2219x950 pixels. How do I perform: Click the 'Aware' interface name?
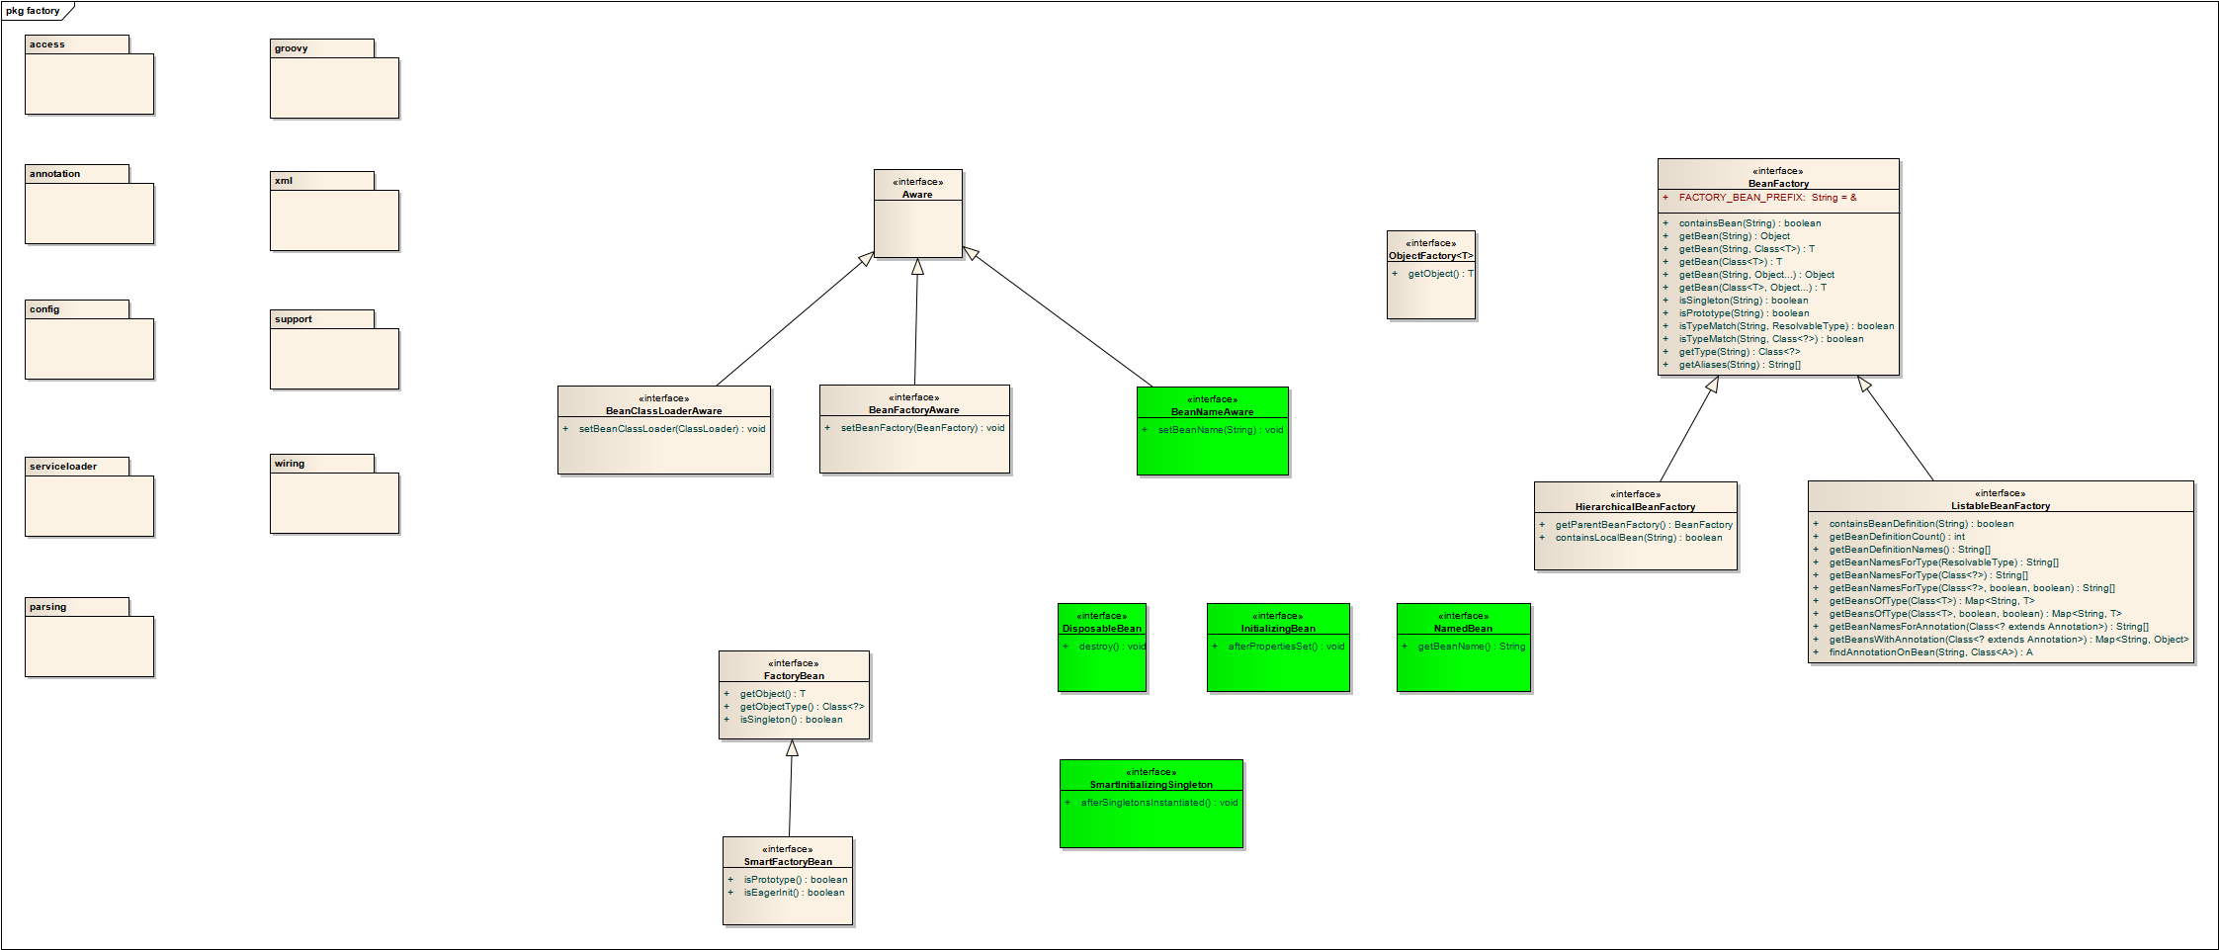pyautogui.click(x=917, y=195)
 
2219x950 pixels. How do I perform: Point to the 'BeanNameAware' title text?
pyautogui.click(x=1212, y=412)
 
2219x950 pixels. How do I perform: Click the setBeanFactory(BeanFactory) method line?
pyautogui.click(x=921, y=428)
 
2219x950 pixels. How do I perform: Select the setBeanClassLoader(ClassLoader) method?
pyautogui.click(x=671, y=429)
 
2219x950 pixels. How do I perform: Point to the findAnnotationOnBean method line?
pyautogui.click(x=1929, y=652)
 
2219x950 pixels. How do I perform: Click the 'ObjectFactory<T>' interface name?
pyautogui.click(x=1430, y=256)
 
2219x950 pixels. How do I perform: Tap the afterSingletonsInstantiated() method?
pyautogui.click(x=1158, y=803)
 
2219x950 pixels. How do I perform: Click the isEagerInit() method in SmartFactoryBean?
pyautogui.click(x=794, y=893)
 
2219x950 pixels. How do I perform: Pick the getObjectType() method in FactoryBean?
pyautogui.click(x=801, y=707)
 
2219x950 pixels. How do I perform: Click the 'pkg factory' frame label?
pyautogui.click(x=33, y=11)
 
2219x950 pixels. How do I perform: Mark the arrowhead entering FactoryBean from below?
pyautogui.click(x=792, y=748)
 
